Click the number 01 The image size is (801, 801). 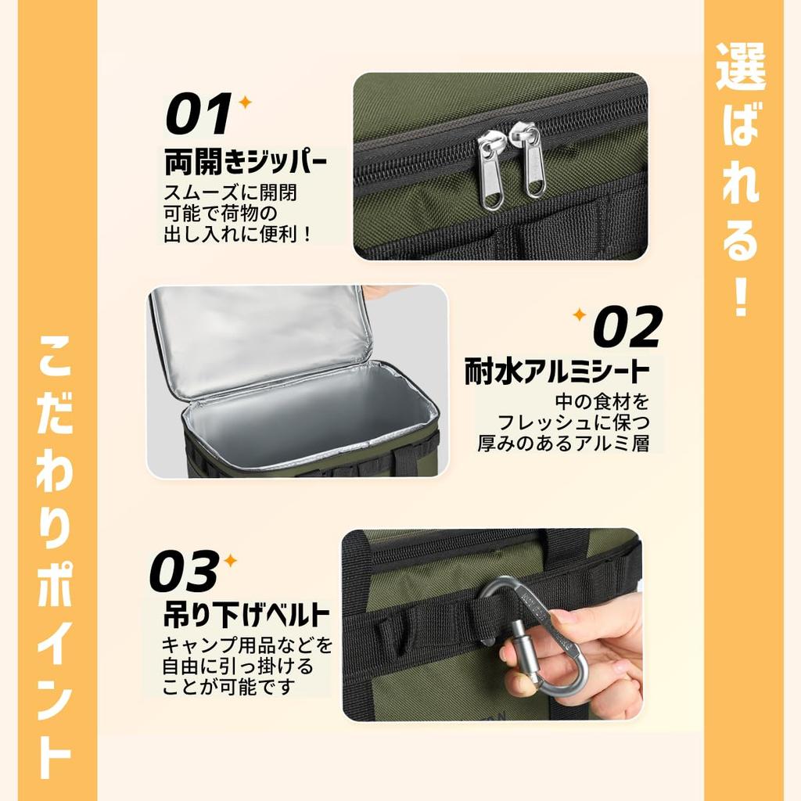(198, 115)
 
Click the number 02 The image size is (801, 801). (627, 326)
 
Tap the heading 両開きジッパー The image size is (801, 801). (246, 163)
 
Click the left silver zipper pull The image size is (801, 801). (491, 171)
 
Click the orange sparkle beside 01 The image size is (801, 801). (245, 102)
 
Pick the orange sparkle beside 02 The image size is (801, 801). (580, 314)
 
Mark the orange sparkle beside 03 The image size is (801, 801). (230, 560)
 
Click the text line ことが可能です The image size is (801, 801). (229, 688)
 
